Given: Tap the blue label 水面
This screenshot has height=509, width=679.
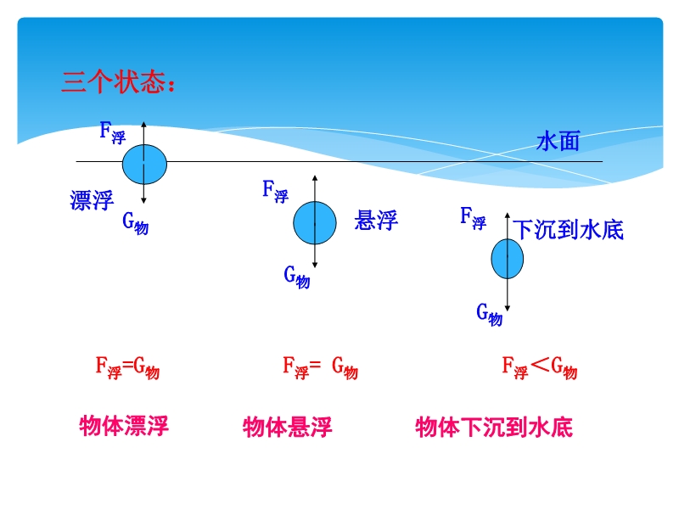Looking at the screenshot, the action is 558,141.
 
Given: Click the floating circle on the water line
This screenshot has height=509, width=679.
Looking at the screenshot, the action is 144,165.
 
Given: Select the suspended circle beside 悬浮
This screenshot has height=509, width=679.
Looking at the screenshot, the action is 315,223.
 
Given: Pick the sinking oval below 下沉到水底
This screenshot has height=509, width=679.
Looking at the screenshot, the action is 507,259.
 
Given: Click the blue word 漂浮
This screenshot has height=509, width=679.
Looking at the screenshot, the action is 92,200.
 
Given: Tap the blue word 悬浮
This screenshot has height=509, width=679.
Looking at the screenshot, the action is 376,220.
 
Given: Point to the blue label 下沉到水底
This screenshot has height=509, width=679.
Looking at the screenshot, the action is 568,229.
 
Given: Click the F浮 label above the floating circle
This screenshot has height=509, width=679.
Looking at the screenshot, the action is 113,132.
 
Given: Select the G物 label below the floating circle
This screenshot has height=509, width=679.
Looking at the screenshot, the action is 136,223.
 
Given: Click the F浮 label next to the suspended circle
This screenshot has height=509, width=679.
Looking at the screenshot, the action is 275,192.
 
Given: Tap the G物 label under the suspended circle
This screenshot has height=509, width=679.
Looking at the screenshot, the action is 297,277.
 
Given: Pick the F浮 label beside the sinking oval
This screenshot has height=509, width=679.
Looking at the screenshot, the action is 473,218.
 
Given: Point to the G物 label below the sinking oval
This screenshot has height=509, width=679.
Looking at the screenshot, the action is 490,315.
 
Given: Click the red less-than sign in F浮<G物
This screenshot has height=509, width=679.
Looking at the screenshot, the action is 540,365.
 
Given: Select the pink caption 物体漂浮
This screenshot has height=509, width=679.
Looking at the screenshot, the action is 124,426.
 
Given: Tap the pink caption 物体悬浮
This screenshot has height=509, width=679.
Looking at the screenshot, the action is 288,428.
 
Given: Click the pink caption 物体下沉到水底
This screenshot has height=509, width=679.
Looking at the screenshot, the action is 494,428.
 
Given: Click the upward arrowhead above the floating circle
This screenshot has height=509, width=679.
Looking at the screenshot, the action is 144,125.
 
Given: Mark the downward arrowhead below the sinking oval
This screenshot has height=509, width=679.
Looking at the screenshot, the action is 507,308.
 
